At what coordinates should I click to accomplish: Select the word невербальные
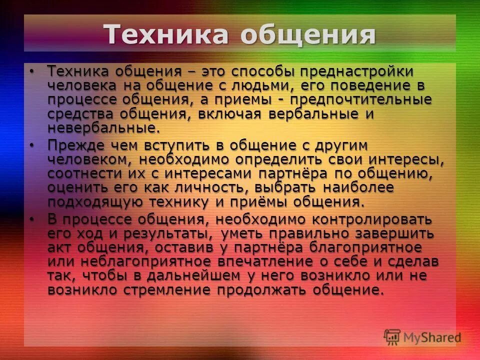102,127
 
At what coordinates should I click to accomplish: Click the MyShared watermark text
432,337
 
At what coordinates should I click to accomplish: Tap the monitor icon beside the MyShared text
392,337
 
